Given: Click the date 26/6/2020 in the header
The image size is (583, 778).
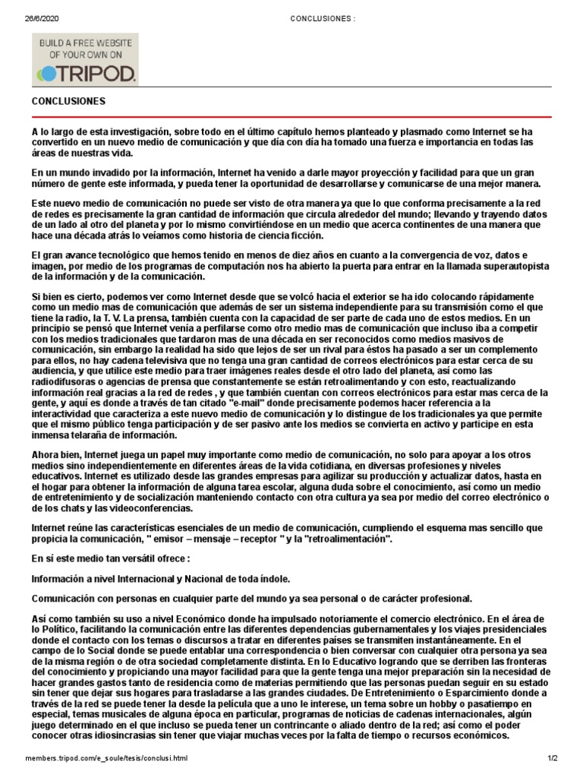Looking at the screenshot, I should coord(39,18).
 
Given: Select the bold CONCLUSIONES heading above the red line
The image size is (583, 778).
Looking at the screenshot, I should coord(68,101).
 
